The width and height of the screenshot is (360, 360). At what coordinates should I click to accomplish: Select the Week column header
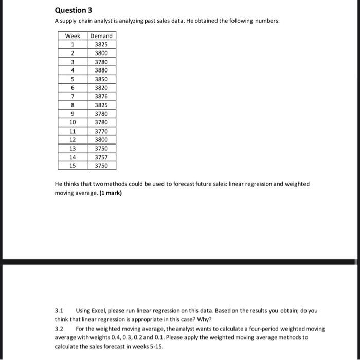pos(73,35)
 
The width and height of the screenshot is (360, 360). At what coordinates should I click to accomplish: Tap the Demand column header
pos(101,35)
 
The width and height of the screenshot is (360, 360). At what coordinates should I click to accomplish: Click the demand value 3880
pos(101,70)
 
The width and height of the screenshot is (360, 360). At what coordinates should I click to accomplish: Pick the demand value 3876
pos(101,96)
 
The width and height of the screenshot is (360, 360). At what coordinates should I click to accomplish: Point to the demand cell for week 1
pos(101,44)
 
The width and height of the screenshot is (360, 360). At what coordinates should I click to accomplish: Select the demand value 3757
pos(101,157)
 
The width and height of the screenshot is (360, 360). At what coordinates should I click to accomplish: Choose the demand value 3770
pos(101,131)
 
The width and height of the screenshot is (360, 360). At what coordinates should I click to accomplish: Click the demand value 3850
pos(101,79)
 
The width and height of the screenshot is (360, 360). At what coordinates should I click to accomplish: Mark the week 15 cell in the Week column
pos(73,166)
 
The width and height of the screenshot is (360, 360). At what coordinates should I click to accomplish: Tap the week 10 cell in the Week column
pos(73,122)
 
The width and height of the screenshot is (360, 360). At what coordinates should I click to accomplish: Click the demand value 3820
pos(101,88)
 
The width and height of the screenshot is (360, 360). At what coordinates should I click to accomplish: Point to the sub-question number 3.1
pos(59,311)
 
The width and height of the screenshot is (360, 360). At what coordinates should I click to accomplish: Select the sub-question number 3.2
pos(59,328)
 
